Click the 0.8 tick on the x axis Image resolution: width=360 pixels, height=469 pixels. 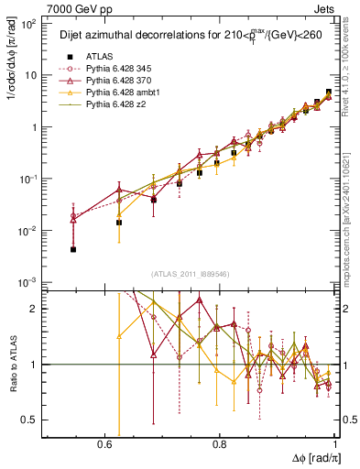220,442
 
